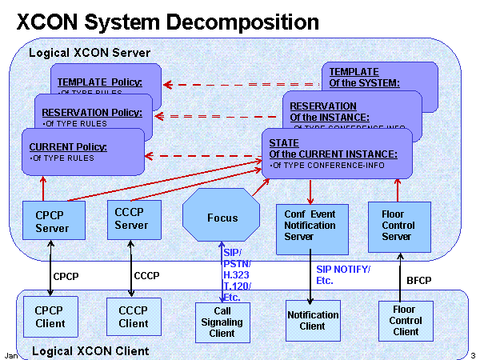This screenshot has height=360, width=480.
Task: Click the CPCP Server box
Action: pos(51,222)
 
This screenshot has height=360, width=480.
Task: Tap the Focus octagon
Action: pos(222,218)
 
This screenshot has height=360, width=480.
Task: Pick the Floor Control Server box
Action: pos(398,226)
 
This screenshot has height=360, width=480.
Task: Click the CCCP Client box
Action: pos(134,317)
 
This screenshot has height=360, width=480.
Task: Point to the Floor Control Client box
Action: pos(406,319)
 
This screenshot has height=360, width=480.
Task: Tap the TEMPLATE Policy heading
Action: pos(100,82)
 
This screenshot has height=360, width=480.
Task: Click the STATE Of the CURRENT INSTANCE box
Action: pos(336,154)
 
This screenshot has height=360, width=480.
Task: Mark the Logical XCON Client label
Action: pos(90,350)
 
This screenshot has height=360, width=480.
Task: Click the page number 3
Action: pos(473,354)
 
